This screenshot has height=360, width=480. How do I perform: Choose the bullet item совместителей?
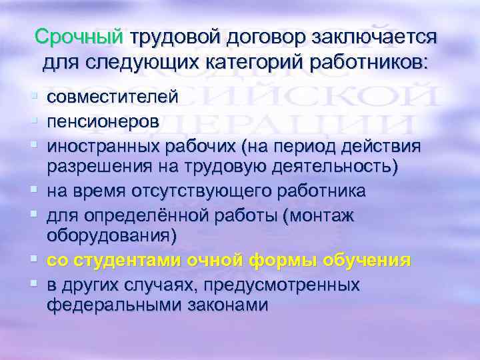pyautogui.click(x=112, y=98)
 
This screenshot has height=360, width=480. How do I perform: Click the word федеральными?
pyautogui.click(x=110, y=306)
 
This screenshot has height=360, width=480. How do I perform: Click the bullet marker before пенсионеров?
pyautogui.click(x=37, y=121)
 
